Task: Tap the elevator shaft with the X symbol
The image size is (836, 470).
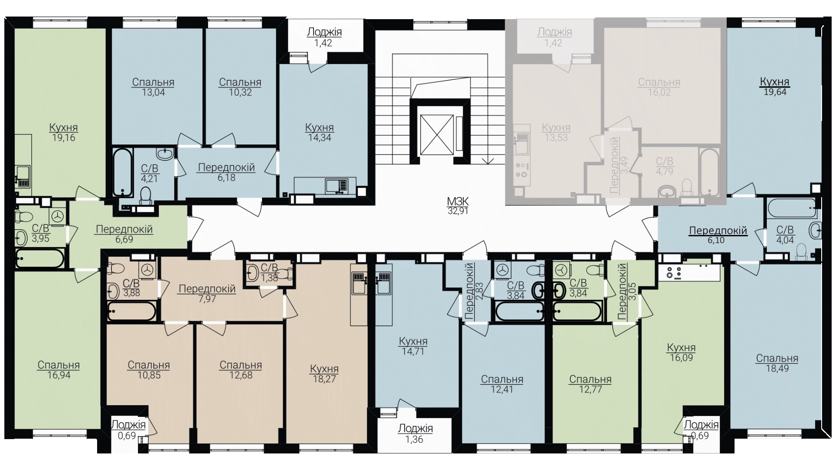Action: pyautogui.click(x=436, y=135)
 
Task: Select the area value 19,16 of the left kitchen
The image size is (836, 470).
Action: pyautogui.click(x=64, y=138)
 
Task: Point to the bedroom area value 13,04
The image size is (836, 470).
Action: pyautogui.click(x=153, y=92)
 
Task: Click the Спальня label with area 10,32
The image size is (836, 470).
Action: pyautogui.click(x=240, y=82)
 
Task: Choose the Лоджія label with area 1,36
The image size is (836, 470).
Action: pyautogui.click(x=415, y=429)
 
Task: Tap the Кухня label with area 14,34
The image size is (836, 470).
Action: pyautogui.click(x=320, y=128)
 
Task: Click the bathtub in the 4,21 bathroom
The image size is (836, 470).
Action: pyautogui.click(x=122, y=173)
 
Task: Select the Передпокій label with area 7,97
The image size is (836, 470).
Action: pyautogui.click(x=207, y=289)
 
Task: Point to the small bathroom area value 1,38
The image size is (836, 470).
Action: pyautogui.click(x=269, y=277)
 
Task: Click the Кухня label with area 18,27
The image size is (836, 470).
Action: pyautogui.click(x=324, y=369)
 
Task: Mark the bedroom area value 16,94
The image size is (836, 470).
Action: pyautogui.click(x=59, y=375)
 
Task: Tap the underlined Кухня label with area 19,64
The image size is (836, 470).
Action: pyautogui.click(x=775, y=81)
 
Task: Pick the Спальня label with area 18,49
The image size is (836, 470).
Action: pyautogui.click(x=777, y=358)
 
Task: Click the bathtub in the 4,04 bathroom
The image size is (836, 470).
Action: pyautogui.click(x=792, y=209)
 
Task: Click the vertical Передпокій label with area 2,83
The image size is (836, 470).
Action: pyautogui.click(x=469, y=291)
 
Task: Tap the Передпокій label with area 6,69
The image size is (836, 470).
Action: pyautogui.click(x=124, y=229)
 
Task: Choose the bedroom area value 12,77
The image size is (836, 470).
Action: pyautogui.click(x=590, y=389)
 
